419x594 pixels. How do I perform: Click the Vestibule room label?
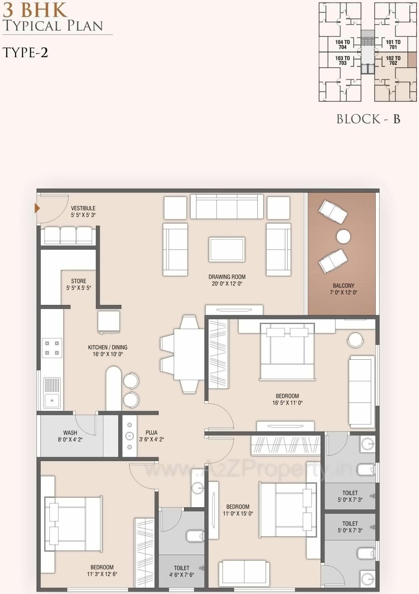coord(83,211)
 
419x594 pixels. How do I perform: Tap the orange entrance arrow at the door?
coord(37,208)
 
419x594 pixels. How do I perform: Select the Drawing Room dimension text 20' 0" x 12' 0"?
coord(227,284)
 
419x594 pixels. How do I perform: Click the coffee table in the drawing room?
coord(227,249)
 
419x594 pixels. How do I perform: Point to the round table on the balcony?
coord(343,236)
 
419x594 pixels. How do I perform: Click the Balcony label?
coord(343,286)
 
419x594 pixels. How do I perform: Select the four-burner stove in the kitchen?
coord(52,348)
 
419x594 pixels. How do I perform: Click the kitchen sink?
coord(52,393)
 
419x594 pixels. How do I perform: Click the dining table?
coord(189,354)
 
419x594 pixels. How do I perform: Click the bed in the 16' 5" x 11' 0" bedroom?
coord(287,351)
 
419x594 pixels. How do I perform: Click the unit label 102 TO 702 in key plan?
coord(393,61)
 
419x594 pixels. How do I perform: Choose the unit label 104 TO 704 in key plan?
coord(343,44)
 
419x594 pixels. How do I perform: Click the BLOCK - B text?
coord(368,119)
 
